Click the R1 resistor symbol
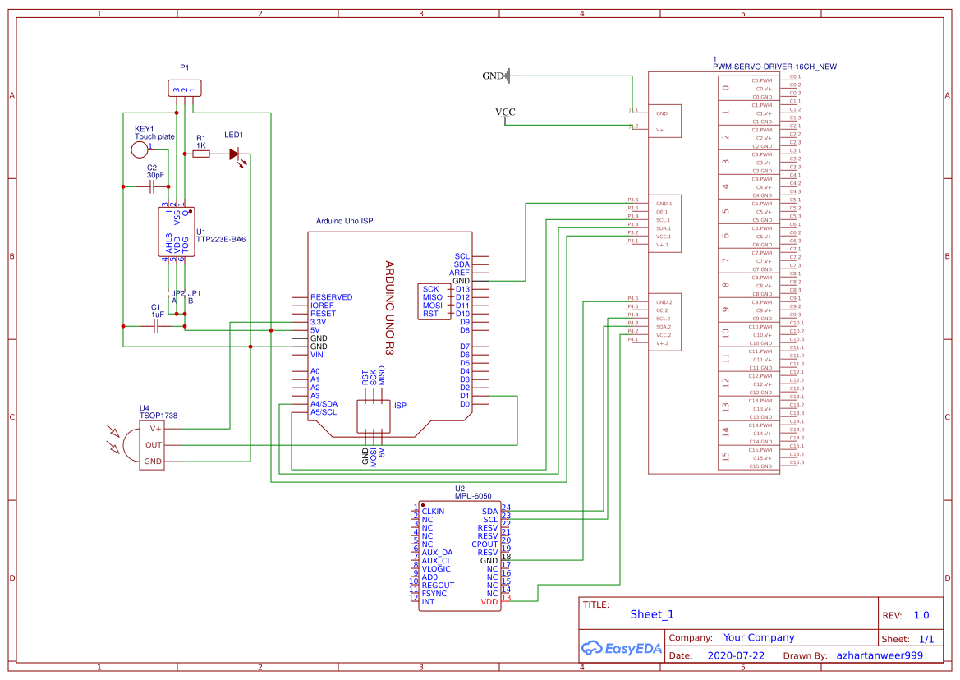pyautogui.click(x=200, y=154)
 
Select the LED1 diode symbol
pyautogui.click(x=235, y=154)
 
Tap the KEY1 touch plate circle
pyautogui.click(x=140, y=150)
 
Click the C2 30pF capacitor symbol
pyautogui.click(x=153, y=187)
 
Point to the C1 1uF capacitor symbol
pyautogui.click(x=157, y=326)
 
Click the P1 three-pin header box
pyautogui.click(x=185, y=89)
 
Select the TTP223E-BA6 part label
pyautogui.click(x=221, y=240)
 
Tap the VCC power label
pyautogui.click(x=506, y=113)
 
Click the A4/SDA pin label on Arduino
pyautogui.click(x=324, y=404)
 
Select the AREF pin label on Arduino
pyautogui.click(x=459, y=273)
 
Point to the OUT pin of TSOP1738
pyautogui.click(x=154, y=445)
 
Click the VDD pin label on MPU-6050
pyautogui.click(x=489, y=602)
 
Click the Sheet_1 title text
pyautogui.click(x=652, y=614)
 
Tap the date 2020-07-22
pyautogui.click(x=735, y=656)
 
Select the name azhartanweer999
pyautogui.click(x=880, y=656)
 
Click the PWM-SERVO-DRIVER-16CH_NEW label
pyautogui.click(x=775, y=67)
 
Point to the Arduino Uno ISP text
pyautogui.click(x=345, y=222)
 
